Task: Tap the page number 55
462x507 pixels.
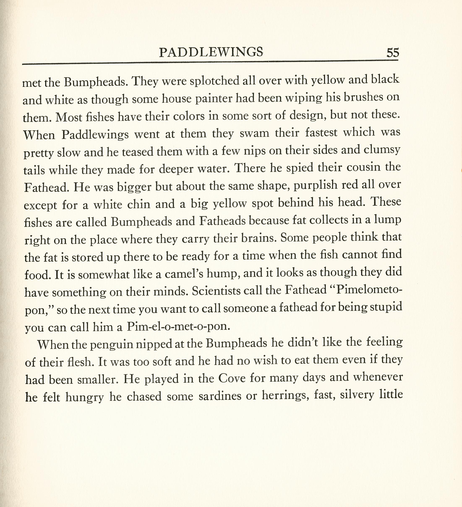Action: pos(393,53)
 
